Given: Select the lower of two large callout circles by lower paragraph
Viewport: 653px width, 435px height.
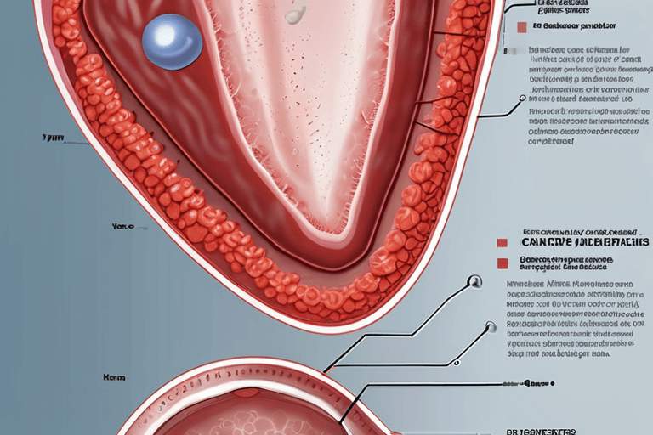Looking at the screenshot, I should (x=490, y=326).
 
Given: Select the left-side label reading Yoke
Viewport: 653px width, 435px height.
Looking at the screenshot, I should (x=123, y=228).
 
